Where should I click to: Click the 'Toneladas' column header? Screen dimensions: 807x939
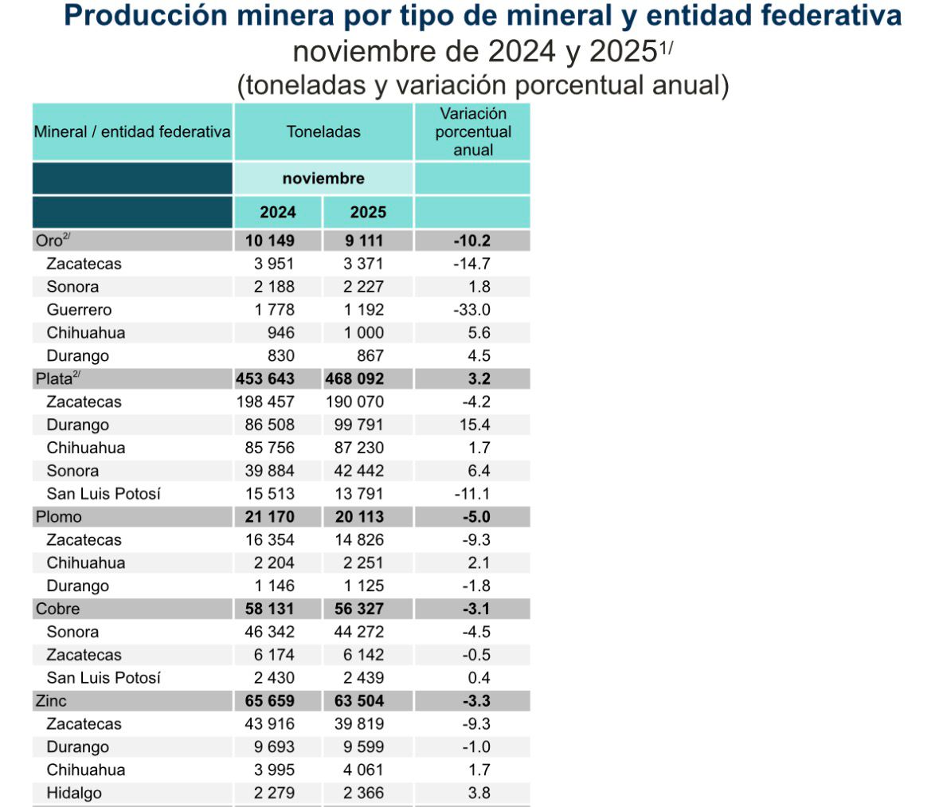point(323,132)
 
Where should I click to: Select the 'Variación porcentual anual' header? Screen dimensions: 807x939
point(473,132)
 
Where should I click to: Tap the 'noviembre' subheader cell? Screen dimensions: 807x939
point(323,178)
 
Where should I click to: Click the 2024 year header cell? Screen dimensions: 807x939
point(277,213)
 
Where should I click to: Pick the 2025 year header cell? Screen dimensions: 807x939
point(368,213)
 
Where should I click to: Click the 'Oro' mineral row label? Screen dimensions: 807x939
point(49,241)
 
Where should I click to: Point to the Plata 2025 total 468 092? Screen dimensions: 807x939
point(354,379)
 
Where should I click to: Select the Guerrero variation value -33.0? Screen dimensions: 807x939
point(472,310)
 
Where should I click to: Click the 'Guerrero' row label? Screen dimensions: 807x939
point(79,310)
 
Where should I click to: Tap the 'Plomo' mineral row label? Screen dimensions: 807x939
point(58,517)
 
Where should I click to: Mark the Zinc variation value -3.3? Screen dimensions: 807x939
point(476,701)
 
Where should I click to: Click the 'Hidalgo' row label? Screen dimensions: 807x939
point(74,793)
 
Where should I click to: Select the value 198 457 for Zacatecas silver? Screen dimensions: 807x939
point(265,402)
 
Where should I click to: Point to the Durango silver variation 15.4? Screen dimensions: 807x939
point(475,425)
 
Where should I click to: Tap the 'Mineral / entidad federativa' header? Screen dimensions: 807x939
point(132,132)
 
